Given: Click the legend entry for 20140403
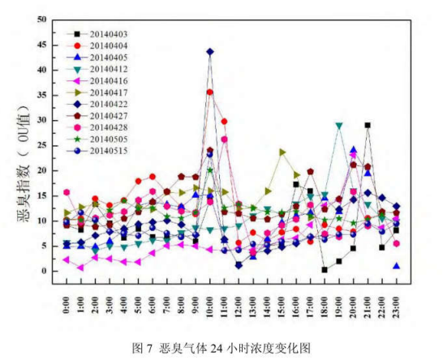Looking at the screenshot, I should click(x=106, y=35).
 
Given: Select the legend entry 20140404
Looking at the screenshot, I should click(x=106, y=46).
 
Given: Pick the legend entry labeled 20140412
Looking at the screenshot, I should click(x=106, y=70).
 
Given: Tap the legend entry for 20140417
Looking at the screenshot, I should click(x=106, y=92).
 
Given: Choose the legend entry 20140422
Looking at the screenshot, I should click(x=106, y=104).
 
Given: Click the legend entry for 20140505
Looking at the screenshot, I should click(x=106, y=139).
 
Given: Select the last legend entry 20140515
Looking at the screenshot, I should click(x=106, y=150).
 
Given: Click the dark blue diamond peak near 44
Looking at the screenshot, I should click(x=210, y=51).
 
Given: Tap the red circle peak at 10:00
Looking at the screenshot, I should click(x=210, y=92).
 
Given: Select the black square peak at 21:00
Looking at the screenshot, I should click(x=368, y=126).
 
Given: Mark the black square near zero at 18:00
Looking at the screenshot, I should click(x=325, y=269).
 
